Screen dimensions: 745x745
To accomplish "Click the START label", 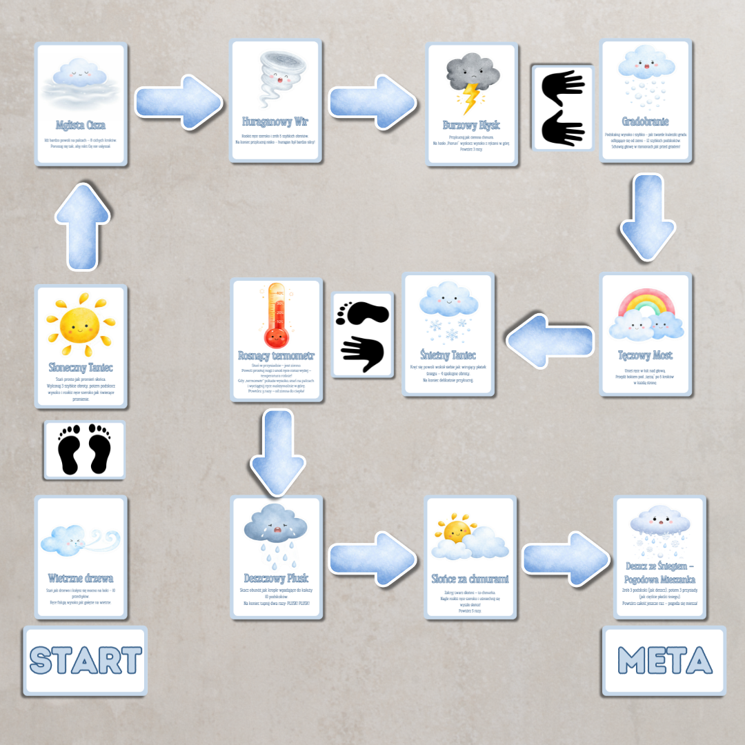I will pyautogui.click(x=86, y=660).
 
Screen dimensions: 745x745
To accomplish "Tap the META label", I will pyautogui.click(x=664, y=660).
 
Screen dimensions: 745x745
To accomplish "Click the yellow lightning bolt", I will pyautogui.click(x=472, y=97).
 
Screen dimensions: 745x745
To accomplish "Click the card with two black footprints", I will pyautogui.click(x=85, y=450).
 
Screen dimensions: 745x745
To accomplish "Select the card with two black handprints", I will pyautogui.click(x=563, y=108).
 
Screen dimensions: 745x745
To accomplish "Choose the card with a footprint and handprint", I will pyautogui.click(x=363, y=335).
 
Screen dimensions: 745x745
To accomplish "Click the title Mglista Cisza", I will pyautogui.click(x=81, y=125).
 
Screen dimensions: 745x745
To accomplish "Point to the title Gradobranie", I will pyautogui.click(x=645, y=121).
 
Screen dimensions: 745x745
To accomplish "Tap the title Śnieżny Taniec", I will pyautogui.click(x=448, y=355).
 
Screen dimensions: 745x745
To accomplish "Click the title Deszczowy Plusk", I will pyautogui.click(x=276, y=578).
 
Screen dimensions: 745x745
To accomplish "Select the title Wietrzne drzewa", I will pyautogui.click(x=81, y=578).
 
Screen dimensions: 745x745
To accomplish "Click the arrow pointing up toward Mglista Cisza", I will pyautogui.click(x=82, y=227).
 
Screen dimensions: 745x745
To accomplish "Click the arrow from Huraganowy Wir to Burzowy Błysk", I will pyautogui.click(x=372, y=102).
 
